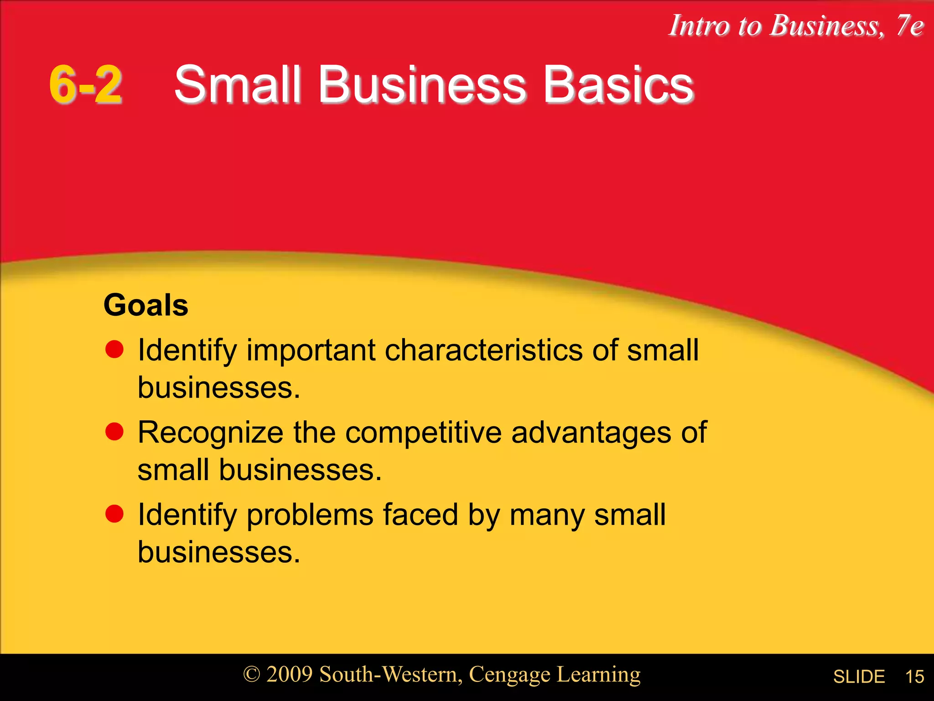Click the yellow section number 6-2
[x=85, y=84]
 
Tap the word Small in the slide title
[x=238, y=84]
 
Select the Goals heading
[x=145, y=305]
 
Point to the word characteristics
[x=483, y=350]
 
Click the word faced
[x=420, y=515]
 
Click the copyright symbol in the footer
[x=251, y=675]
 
